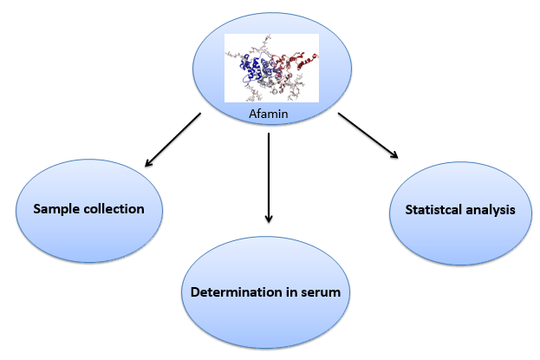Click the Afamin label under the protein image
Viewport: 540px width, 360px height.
coord(269,114)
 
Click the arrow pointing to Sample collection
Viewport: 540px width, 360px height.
coord(172,140)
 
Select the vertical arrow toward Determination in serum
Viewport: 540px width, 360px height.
coord(269,178)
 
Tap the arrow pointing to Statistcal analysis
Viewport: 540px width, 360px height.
coord(368,135)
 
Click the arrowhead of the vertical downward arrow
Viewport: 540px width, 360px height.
coord(269,219)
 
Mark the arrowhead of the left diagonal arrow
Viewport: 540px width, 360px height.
coord(148,163)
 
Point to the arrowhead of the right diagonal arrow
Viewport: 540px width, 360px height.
coord(394,154)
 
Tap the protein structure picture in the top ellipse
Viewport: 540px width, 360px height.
coord(271,68)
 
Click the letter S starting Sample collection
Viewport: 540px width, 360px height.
coord(37,209)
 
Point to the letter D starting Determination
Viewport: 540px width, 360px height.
coord(195,292)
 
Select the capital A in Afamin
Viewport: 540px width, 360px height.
coord(253,114)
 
